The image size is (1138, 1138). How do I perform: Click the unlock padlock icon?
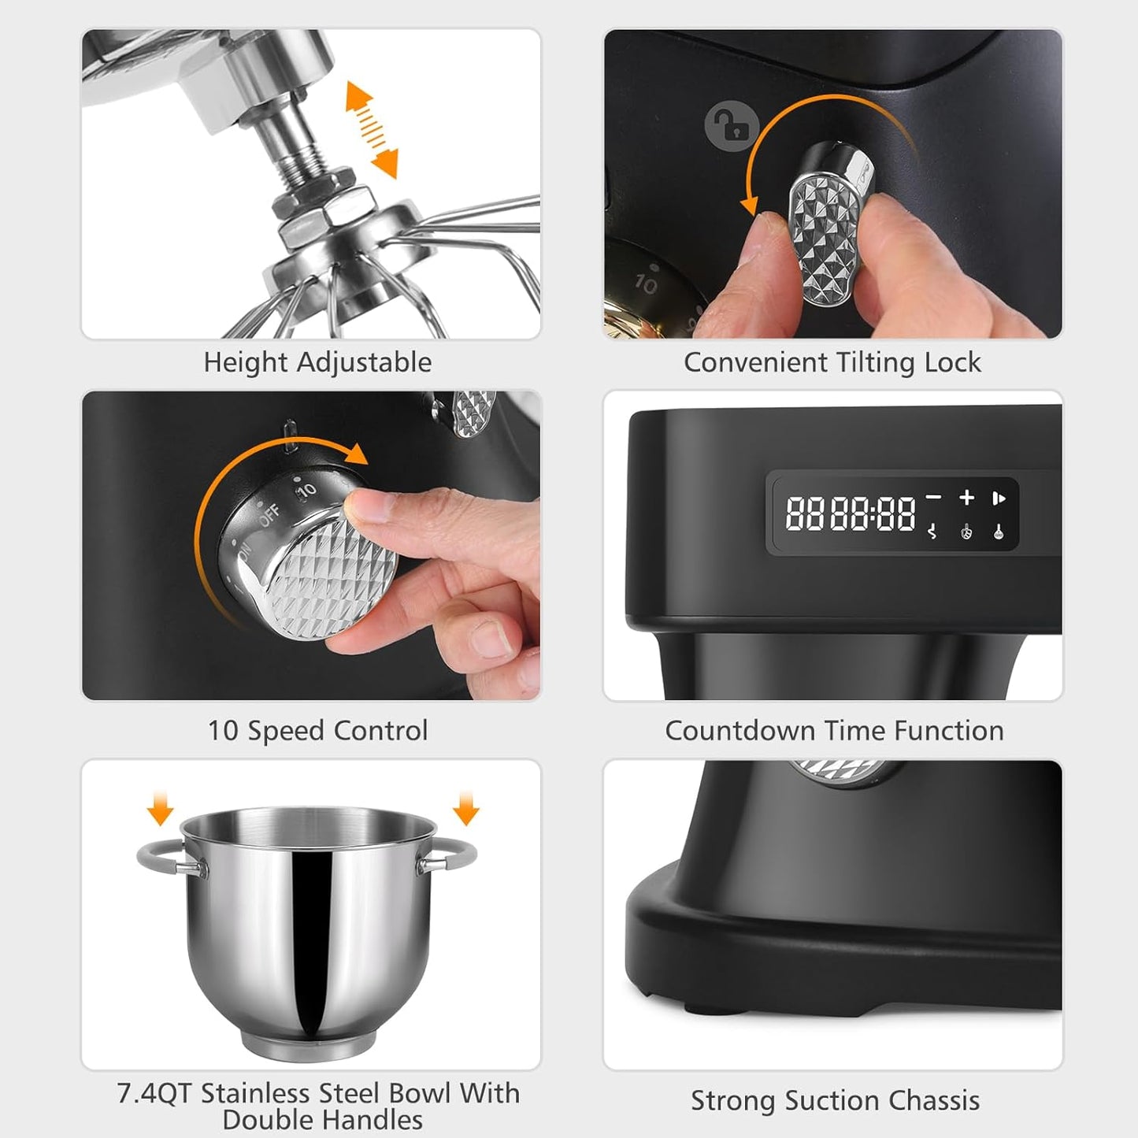point(732,124)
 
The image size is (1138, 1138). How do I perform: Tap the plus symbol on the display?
point(966,497)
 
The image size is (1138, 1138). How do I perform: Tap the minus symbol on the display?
point(933,497)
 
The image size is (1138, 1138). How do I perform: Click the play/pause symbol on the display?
point(999,498)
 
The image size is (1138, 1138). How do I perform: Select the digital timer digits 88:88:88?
point(851,513)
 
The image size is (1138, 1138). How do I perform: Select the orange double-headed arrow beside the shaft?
point(372,130)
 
